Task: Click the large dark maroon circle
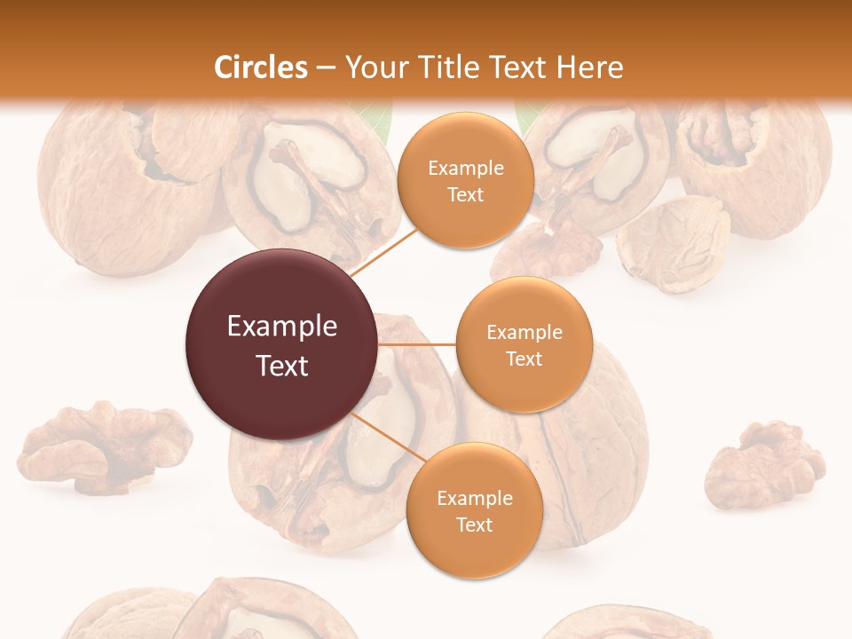click(281, 344)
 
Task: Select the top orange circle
click(464, 180)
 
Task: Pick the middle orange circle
click(524, 344)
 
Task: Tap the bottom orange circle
click(474, 510)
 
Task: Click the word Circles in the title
click(261, 67)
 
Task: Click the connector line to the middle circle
click(416, 344)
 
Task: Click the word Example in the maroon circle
click(282, 327)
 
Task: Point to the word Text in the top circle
click(465, 194)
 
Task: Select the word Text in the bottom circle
click(474, 525)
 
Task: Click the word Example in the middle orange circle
click(524, 332)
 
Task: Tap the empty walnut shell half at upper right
click(673, 244)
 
